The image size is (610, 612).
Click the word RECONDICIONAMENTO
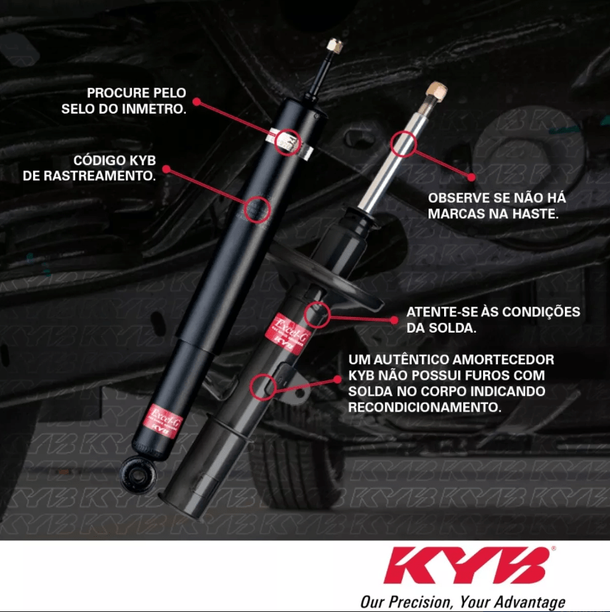click(425, 408)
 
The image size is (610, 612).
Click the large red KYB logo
click(467, 565)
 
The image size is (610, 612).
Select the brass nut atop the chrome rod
click(437, 91)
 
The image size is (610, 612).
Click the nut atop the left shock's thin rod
click(335, 46)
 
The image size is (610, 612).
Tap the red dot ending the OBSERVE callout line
click(471, 177)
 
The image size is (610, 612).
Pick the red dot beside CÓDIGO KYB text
click(167, 169)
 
